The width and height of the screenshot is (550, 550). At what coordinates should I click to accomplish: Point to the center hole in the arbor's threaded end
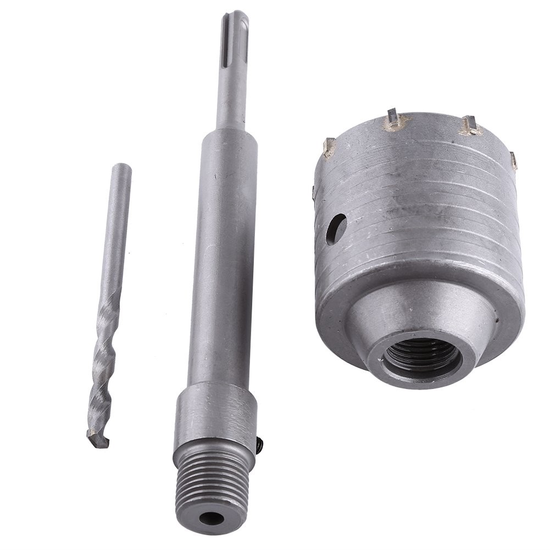coord(212,518)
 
